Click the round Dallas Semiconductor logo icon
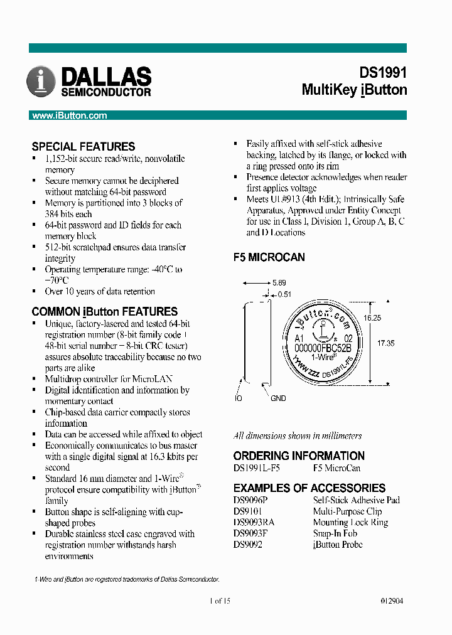pyautogui.click(x=41, y=82)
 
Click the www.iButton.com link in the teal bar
pyautogui.click(x=70, y=115)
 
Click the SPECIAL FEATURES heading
pyautogui.click(x=83, y=146)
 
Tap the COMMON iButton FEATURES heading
pyautogui.click(x=104, y=311)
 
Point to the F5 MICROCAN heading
pyautogui.click(x=269, y=257)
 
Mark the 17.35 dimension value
pyautogui.click(x=386, y=343)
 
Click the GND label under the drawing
pyautogui.click(x=278, y=398)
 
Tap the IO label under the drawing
pyautogui.click(x=239, y=398)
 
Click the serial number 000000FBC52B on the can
pyautogui.click(x=322, y=347)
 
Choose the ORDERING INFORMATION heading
pyautogui.click(x=299, y=456)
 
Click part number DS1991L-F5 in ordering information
pyautogui.click(x=257, y=468)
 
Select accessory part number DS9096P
pyautogui.click(x=250, y=500)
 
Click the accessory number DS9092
pyautogui.click(x=248, y=545)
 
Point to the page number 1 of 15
pyautogui.click(x=219, y=600)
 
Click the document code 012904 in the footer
pyautogui.click(x=392, y=600)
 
